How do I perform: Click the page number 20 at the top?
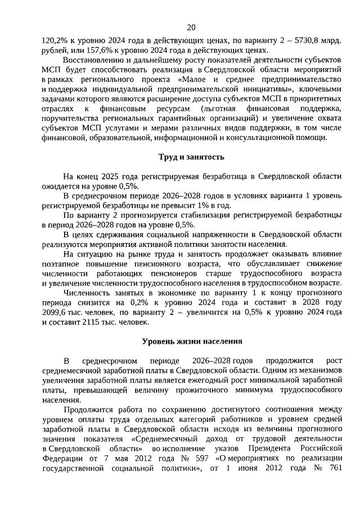point(191,28)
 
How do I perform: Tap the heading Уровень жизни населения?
point(191,341)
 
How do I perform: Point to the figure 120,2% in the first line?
point(54,40)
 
